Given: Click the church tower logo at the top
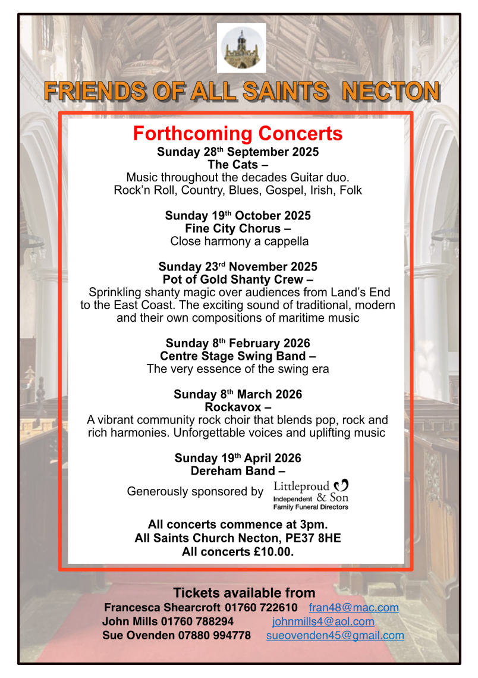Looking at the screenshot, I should tap(241, 48).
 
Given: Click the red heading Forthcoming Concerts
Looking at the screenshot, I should tap(238, 133).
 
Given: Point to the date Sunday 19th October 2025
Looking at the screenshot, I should tap(238, 215).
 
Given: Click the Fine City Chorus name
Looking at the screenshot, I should tap(234, 228).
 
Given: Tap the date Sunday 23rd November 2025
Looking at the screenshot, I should tap(238, 266).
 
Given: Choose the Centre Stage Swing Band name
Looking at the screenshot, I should tap(234, 356).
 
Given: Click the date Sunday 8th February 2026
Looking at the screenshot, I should tap(238, 343).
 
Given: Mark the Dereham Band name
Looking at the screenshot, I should tap(234, 470).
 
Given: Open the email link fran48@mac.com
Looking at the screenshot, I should tap(354, 608).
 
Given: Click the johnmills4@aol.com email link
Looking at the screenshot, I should tap(323, 621).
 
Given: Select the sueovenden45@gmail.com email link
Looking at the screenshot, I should tap(335, 635).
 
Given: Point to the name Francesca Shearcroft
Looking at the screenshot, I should tap(162, 608).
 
